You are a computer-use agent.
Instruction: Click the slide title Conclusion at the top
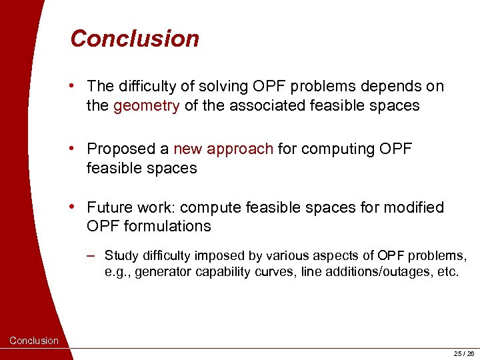point(135,39)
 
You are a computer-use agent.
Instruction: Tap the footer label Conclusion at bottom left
point(34,341)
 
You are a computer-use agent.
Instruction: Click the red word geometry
point(146,105)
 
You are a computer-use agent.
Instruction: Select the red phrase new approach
point(223,149)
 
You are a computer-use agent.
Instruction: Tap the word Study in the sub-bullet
point(121,255)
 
